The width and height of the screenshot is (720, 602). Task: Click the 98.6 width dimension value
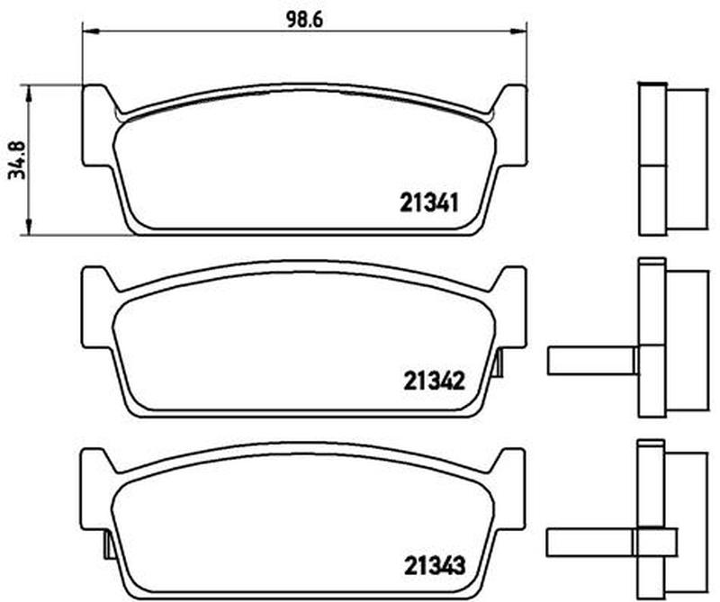pyautogui.click(x=305, y=19)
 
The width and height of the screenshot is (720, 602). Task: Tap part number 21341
pyautogui.click(x=429, y=202)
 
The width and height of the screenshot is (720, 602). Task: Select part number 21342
pyautogui.click(x=434, y=381)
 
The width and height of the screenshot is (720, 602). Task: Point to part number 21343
pyautogui.click(x=435, y=565)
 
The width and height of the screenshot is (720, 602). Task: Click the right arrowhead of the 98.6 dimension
pyautogui.click(x=519, y=31)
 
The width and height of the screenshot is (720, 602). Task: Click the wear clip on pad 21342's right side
pyautogui.click(x=499, y=363)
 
